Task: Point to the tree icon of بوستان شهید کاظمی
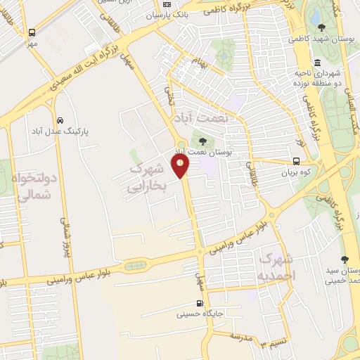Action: pyautogui.click(x=322, y=27)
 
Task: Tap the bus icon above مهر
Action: pyautogui.click(x=32, y=32)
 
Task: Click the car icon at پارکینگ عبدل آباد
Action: pyautogui.click(x=60, y=120)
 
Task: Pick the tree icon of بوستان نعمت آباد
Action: pyautogui.click(x=204, y=142)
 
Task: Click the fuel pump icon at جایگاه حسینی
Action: pyautogui.click(x=202, y=304)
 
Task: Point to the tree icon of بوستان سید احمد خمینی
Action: pyautogui.click(x=345, y=259)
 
